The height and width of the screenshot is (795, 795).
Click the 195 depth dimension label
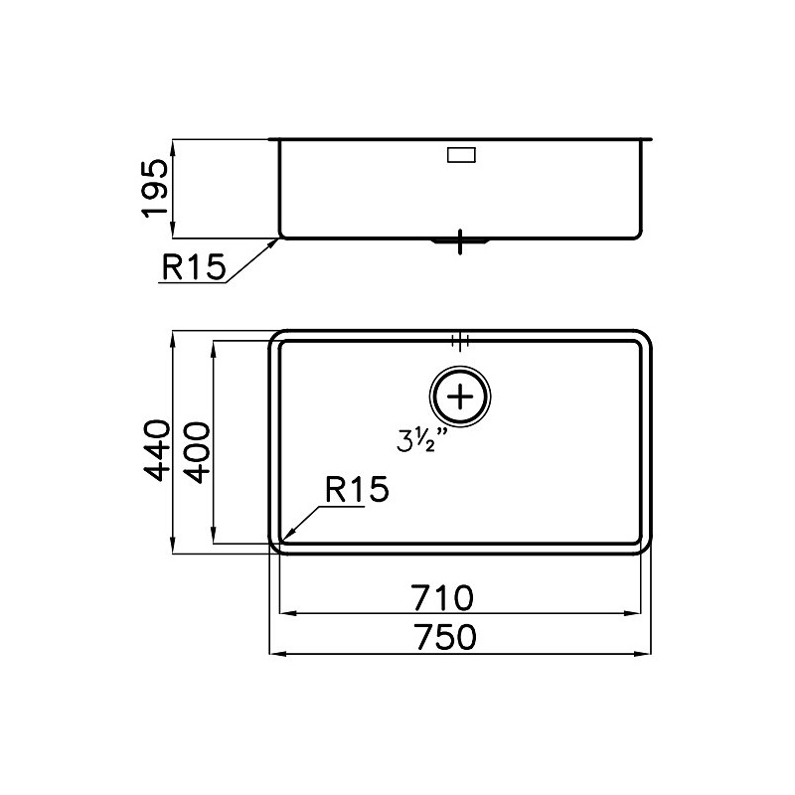(155, 188)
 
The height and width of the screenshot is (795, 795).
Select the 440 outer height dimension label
(157, 450)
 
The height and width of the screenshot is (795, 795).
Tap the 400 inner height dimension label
(197, 453)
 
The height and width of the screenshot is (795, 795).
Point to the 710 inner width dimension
(442, 598)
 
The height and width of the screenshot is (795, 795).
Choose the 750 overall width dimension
(445, 637)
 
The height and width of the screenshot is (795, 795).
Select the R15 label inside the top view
(357, 490)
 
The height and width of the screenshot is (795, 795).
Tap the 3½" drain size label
(422, 440)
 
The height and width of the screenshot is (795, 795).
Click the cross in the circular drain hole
(460, 397)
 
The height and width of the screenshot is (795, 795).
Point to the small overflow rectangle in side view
(461, 155)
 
